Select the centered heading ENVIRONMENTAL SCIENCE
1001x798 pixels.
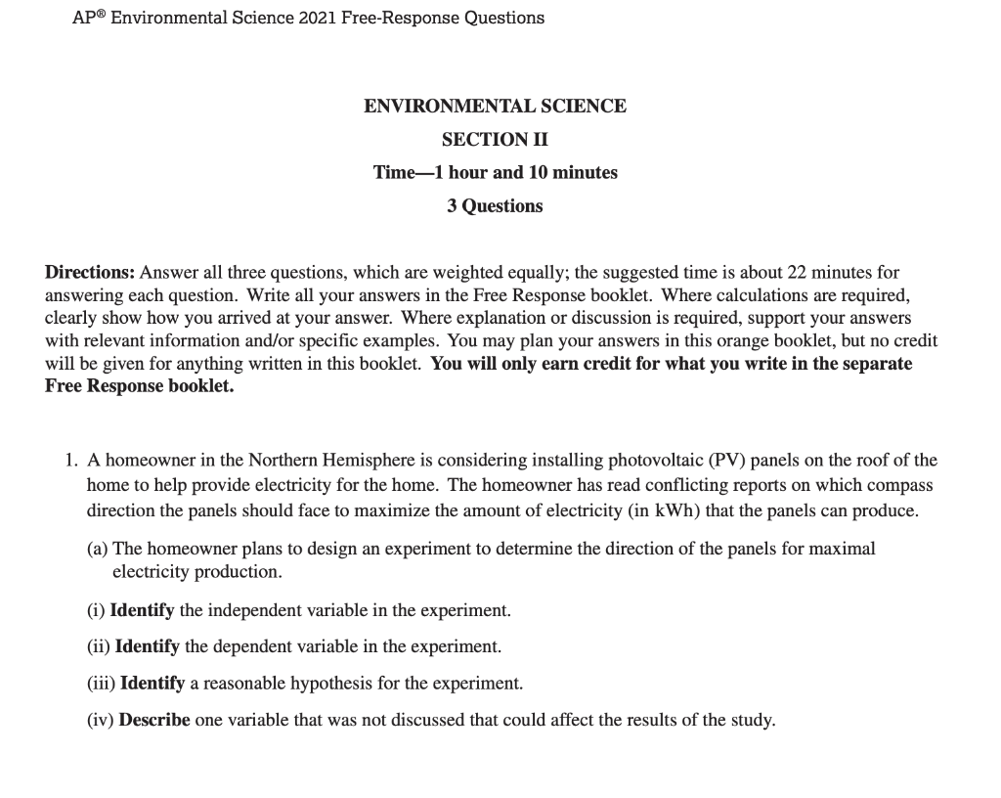click(x=495, y=106)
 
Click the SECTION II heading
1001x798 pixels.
click(x=495, y=139)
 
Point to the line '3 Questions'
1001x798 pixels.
click(x=495, y=205)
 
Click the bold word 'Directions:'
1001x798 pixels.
click(x=91, y=273)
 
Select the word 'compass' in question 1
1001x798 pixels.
click(x=901, y=485)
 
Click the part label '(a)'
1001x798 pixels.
click(x=98, y=549)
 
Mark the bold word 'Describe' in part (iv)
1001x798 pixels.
click(x=154, y=720)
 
